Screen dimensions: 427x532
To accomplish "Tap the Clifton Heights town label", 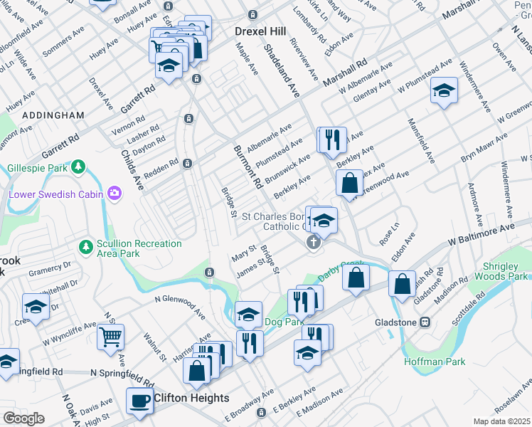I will click(x=191, y=398).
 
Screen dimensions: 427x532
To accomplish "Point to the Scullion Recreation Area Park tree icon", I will click(x=85, y=246).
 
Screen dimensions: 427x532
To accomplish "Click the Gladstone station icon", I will click(x=425, y=322).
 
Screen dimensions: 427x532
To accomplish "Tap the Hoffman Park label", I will click(x=435, y=362).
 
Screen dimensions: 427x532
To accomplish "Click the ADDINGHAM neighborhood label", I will click(x=53, y=115).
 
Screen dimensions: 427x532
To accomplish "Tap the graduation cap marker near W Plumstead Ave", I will click(x=445, y=90).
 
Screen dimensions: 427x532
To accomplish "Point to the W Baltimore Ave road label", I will click(x=480, y=236).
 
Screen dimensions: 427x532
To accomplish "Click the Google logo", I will click(x=23, y=418).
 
